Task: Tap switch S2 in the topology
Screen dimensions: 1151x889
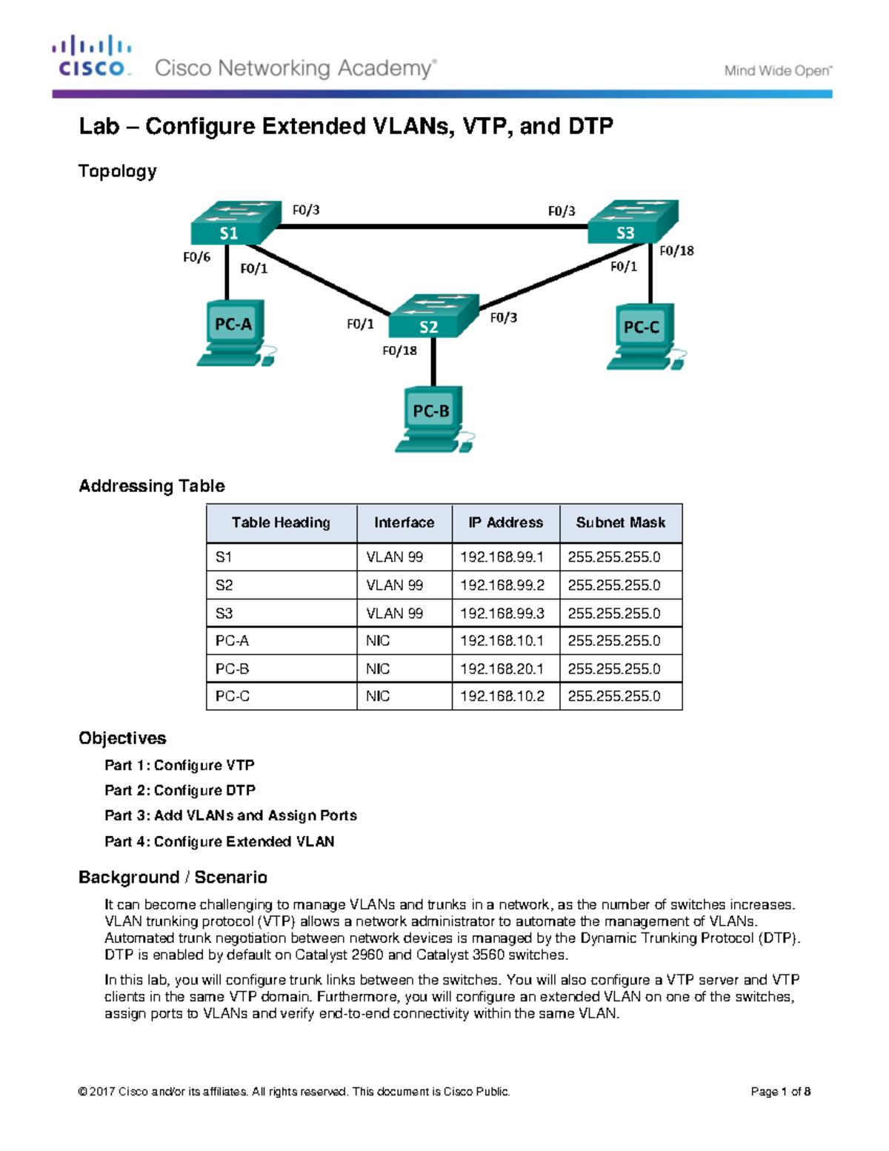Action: click(433, 316)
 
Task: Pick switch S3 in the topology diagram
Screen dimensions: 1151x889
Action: click(631, 222)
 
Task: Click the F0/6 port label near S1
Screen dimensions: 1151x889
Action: click(196, 257)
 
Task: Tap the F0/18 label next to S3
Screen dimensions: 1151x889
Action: click(676, 251)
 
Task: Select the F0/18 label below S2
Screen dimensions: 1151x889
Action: click(399, 351)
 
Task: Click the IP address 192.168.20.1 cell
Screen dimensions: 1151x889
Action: click(502, 669)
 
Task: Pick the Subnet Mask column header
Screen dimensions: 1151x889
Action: click(620, 523)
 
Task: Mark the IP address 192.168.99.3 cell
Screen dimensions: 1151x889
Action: click(502, 613)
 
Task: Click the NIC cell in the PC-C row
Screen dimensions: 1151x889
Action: click(378, 696)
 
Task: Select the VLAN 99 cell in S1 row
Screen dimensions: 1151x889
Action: click(394, 557)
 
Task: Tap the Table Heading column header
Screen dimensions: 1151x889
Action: click(281, 523)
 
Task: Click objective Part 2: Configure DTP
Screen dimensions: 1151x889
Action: click(180, 790)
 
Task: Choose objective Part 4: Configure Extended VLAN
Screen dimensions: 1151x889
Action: click(219, 841)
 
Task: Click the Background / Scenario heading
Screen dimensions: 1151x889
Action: click(173, 878)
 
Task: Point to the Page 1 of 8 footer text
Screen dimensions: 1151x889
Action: click(780, 1091)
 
